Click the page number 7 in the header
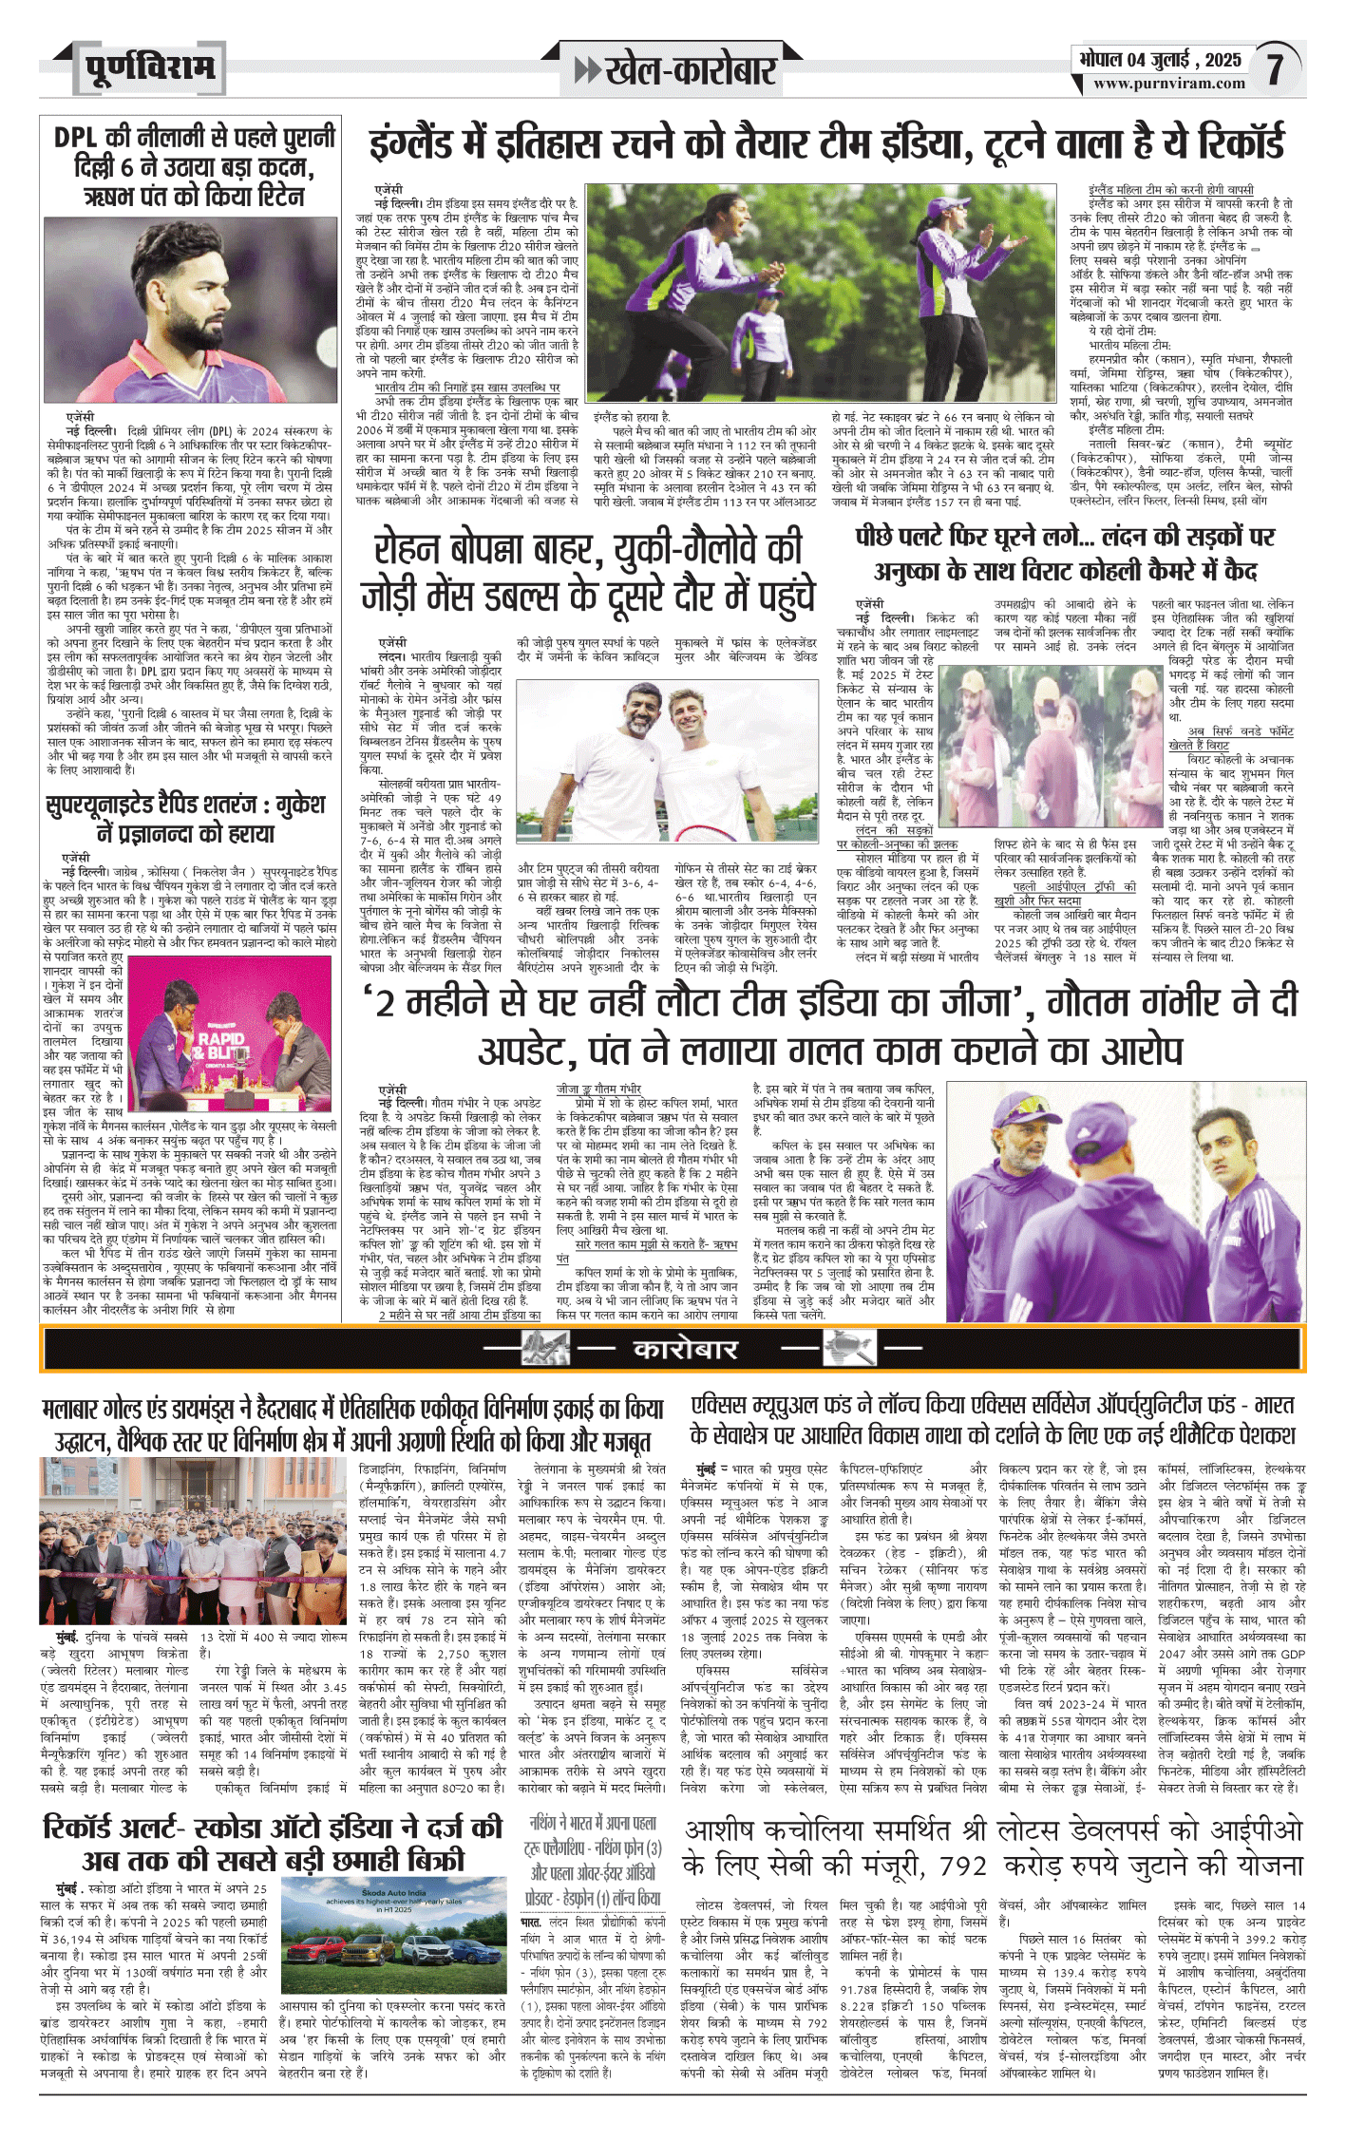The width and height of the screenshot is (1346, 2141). click(x=1275, y=68)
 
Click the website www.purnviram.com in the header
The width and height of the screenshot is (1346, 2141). click(x=1168, y=84)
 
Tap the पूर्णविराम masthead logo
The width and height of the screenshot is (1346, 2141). click(x=149, y=68)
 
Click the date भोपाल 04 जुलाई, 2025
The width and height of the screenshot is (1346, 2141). click(x=1160, y=59)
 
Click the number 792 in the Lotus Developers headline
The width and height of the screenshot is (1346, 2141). click(x=964, y=1866)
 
